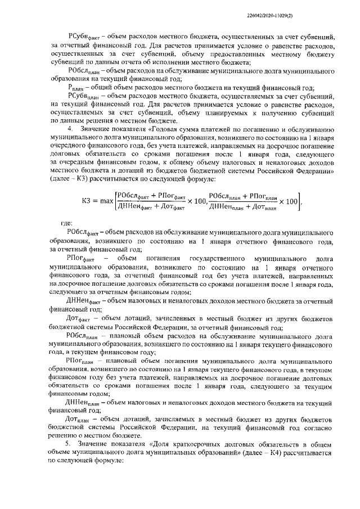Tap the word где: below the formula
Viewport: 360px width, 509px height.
pos(66,223)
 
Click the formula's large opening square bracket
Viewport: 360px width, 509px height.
pos(114,200)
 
